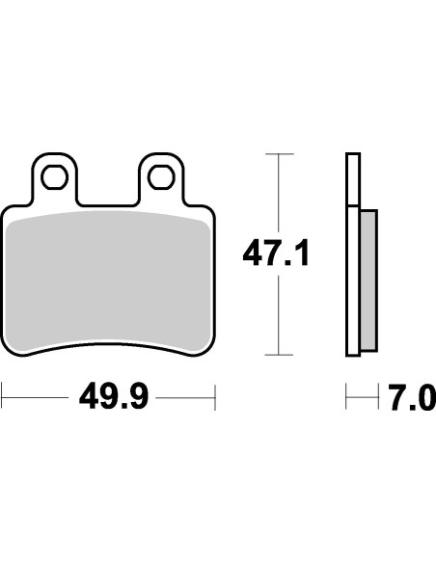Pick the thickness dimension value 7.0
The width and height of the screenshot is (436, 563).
(412, 397)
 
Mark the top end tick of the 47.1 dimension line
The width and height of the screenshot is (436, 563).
(278, 153)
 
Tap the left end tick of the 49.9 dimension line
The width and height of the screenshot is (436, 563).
(3, 397)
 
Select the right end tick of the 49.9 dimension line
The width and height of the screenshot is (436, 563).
(214, 397)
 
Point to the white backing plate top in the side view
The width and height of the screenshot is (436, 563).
(352, 178)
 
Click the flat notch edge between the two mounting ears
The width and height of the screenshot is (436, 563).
(109, 203)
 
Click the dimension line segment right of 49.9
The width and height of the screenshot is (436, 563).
(185, 397)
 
